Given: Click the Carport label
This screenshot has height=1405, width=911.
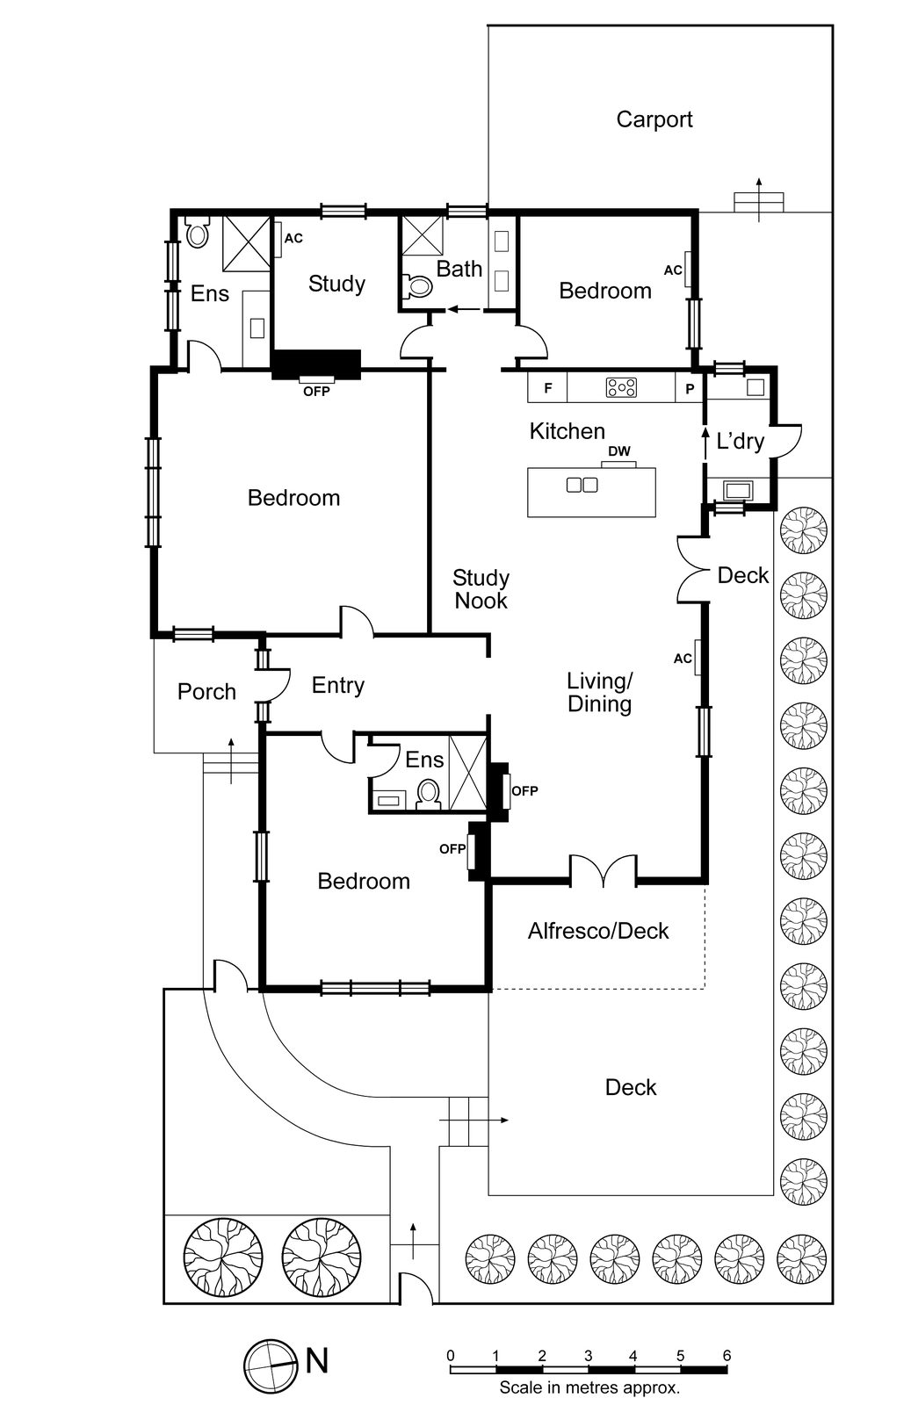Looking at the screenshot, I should coord(654,119).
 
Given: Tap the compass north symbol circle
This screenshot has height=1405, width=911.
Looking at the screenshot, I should coord(270,1365).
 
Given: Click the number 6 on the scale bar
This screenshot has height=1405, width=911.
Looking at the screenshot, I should coord(726,1356).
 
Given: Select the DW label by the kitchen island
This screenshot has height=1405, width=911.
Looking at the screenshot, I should coord(619,451).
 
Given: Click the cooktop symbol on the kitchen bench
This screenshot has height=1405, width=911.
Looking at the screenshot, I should coord(622,387).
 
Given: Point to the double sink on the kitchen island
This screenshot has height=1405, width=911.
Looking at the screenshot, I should coord(582,485).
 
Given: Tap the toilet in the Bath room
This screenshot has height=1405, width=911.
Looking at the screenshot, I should coord(419,286).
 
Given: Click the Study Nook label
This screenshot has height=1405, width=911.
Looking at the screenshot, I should coord(481,589).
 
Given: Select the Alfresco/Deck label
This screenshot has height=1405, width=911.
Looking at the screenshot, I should coord(598,931).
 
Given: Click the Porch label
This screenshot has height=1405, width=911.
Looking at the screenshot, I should coord(206,692).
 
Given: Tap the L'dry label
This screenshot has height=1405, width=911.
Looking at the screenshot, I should coord(740,441).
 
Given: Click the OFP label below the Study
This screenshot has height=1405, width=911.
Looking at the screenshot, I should coord(316,392).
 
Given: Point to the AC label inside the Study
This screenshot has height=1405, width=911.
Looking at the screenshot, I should coord(293,238).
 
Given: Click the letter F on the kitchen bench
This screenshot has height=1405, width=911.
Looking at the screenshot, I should coord(548,388).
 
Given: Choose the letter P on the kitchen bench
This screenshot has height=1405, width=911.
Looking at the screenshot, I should coord(690,388).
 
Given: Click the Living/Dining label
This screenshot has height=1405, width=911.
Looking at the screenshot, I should coord(599,692).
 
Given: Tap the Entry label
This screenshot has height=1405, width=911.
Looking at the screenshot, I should coord(337,685).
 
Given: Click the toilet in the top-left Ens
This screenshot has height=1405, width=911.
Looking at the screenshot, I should coord(198,233).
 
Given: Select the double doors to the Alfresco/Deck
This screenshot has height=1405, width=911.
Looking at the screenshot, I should coord(603,871).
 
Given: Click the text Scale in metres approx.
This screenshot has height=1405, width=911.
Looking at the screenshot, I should coord(589,1387).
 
